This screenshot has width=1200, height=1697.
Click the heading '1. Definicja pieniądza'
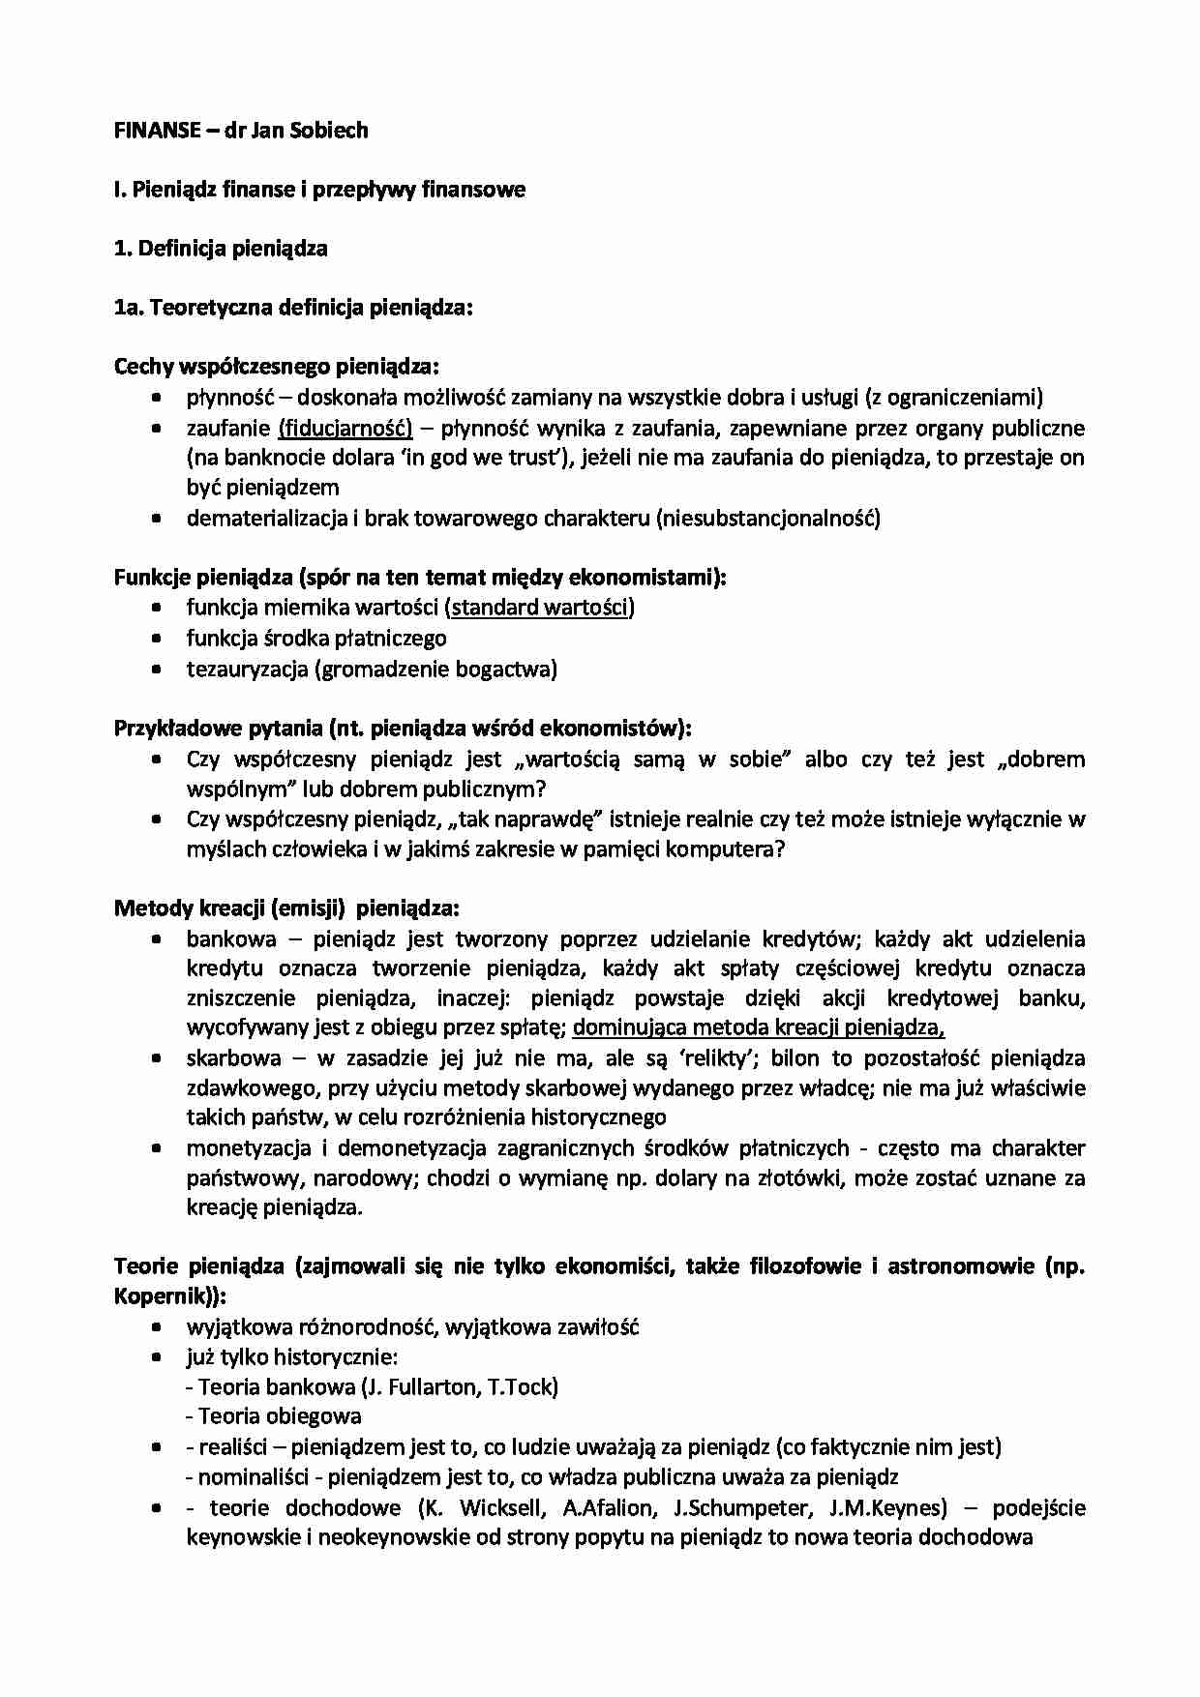tap(221, 249)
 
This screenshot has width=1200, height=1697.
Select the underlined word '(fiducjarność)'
tap(345, 428)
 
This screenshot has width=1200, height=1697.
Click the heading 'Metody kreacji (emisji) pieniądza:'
tap(286, 908)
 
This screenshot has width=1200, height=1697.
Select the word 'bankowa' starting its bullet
tap(230, 938)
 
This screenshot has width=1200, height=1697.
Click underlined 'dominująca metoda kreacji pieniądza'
tap(758, 1027)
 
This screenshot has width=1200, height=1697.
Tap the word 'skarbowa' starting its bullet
tap(233, 1057)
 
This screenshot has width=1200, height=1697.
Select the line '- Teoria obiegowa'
tap(273, 1416)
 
